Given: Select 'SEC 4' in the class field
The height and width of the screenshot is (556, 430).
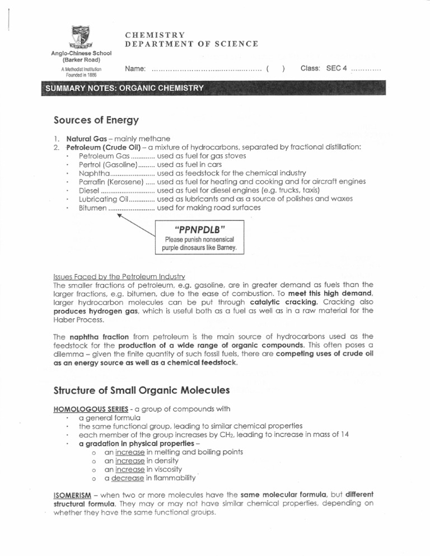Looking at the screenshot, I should (336, 68).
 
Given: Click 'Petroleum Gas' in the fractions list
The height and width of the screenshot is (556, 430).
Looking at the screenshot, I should (104, 156).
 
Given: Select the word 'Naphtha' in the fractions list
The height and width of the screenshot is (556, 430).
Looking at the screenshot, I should (95, 173).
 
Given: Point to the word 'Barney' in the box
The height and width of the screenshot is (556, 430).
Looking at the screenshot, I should (227, 247).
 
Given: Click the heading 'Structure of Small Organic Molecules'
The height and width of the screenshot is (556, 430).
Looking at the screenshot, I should (141, 389).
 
